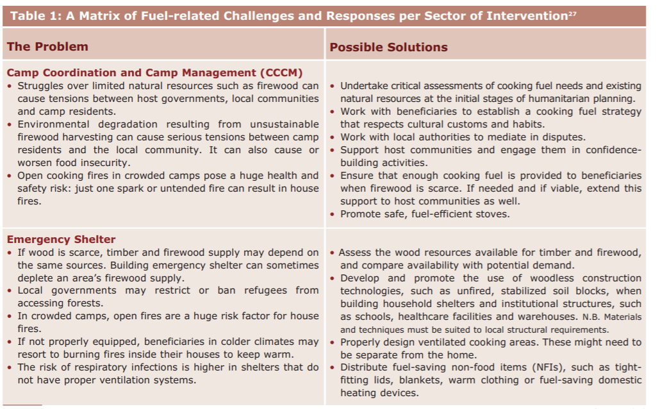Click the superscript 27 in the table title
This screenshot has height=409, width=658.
tap(572, 13)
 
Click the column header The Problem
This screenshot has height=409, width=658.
tap(47, 47)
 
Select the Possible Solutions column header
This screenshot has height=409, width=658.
tap(388, 47)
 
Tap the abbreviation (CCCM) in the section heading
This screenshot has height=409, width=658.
tap(281, 73)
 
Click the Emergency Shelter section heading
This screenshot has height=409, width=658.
tap(61, 240)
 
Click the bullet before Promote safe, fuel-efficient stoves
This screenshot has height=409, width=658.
tap(332, 214)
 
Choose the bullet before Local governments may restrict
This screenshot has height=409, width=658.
tap(10, 290)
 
